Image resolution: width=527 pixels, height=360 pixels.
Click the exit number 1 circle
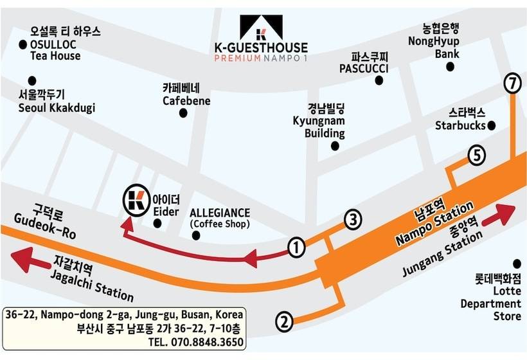tap(296, 246)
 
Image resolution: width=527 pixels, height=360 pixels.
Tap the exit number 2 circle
tap(285, 320)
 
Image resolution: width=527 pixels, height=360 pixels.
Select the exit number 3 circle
tap(352, 220)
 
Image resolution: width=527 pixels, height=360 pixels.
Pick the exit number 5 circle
tap(476, 155)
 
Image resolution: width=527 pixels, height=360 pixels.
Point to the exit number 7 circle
tap(512, 83)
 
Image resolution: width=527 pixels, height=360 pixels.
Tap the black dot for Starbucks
tap(492, 125)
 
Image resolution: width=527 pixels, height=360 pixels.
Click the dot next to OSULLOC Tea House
tap(24, 44)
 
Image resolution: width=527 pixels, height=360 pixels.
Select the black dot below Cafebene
tap(183, 113)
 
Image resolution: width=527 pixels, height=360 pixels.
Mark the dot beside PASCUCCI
tap(379, 80)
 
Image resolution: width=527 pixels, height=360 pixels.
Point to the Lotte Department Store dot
tap(516, 264)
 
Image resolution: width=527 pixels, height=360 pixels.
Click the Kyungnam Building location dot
tap(335, 146)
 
